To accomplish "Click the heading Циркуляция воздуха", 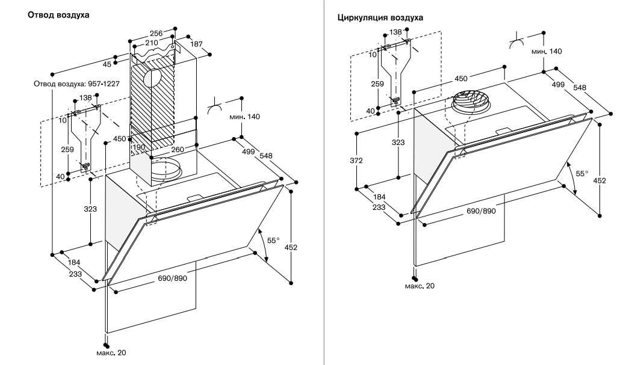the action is [380, 18].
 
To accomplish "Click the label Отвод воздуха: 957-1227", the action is [76, 84].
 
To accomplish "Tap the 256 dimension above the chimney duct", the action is [156, 33].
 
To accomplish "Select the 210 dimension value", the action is [152, 43].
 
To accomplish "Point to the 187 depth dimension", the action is [196, 44].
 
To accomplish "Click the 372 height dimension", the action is [356, 161].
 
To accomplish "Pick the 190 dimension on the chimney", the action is [138, 147].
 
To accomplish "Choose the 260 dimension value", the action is [178, 149].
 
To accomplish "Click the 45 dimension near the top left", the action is [107, 64].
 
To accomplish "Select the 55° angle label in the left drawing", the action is [273, 241].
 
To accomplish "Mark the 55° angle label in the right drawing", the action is [582, 173].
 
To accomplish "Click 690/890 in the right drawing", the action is [481, 211].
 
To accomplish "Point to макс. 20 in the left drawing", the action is [111, 353].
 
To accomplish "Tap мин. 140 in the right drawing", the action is [547, 51].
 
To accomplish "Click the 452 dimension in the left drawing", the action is [291, 247].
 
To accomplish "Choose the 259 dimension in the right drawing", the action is [377, 84].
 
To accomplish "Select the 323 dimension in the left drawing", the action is [90, 209].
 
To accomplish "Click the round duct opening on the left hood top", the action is [166, 169].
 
